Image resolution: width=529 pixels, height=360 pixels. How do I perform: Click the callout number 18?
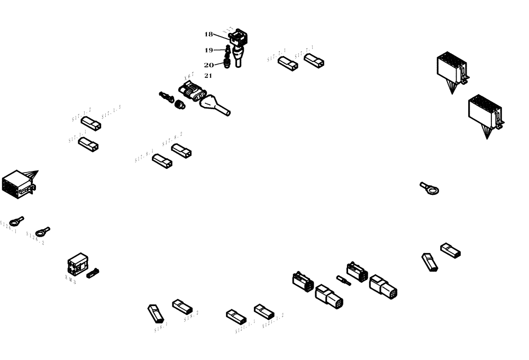click(x=208, y=34)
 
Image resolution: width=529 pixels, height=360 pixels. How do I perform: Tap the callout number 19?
click(x=208, y=50)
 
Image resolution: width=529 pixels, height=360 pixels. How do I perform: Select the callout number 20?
click(x=208, y=65)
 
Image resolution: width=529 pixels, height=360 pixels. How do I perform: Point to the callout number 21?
click(x=208, y=76)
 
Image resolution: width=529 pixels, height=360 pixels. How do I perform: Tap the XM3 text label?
click(x=70, y=280)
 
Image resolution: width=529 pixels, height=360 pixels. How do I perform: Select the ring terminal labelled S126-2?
click(x=42, y=231)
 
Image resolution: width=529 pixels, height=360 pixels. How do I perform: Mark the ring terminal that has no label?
click(x=430, y=188)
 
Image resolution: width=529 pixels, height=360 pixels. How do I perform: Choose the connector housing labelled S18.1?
click(x=156, y=313)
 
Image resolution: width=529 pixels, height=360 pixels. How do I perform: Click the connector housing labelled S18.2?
click(x=181, y=306)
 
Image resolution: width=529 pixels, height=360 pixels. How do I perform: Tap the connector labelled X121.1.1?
click(x=236, y=317)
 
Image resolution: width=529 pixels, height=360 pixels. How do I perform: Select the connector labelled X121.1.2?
click(x=263, y=310)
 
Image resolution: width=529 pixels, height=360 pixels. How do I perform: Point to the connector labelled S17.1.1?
click(x=88, y=143)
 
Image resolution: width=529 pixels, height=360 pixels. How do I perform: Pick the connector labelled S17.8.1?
click(x=162, y=161)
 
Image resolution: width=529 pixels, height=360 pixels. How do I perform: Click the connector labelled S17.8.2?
click(x=181, y=151)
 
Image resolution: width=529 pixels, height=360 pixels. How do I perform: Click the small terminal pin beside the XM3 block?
click(x=93, y=273)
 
